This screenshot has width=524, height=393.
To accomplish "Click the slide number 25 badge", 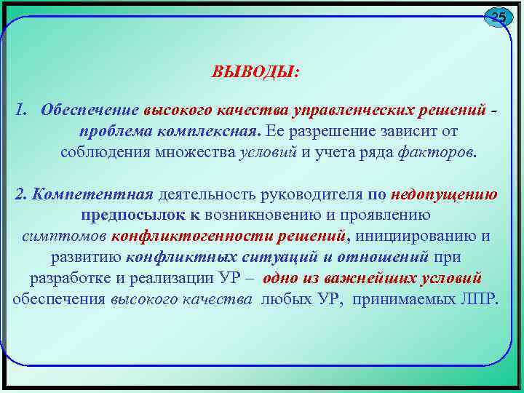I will pos(498,17).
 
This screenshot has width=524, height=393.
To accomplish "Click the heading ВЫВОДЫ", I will pos(254,73).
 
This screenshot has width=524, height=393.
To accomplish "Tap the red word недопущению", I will pos(444,194).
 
